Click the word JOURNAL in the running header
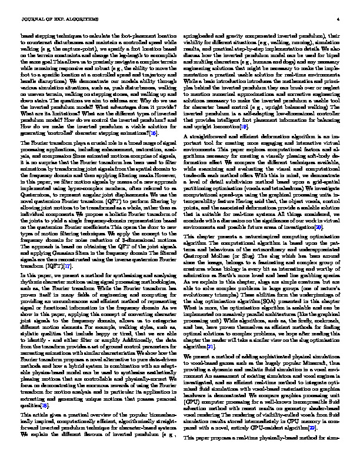[x=31, y=19]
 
